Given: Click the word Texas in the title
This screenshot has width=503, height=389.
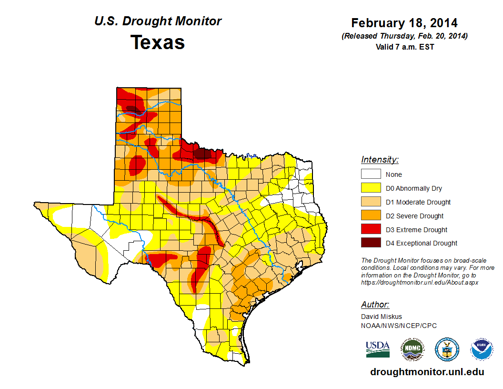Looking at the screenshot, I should pyautogui.click(x=158, y=42).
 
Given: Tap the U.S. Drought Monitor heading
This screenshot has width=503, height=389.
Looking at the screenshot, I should pyautogui.click(x=158, y=21).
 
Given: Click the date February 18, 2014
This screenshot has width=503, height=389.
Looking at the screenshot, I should pyautogui.click(x=404, y=23).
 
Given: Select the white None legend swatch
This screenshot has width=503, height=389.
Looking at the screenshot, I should pyautogui.click(x=371, y=174).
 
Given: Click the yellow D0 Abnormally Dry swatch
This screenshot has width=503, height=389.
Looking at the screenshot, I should pyautogui.click(x=371, y=188).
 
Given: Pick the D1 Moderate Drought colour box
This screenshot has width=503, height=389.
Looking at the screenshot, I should pyautogui.click(x=371, y=202).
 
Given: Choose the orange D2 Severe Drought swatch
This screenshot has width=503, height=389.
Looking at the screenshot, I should pyautogui.click(x=371, y=216).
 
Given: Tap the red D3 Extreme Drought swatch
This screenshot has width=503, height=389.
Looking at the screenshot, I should pyautogui.click(x=371, y=229).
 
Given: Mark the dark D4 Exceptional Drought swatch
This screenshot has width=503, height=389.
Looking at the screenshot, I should pyautogui.click(x=371, y=243).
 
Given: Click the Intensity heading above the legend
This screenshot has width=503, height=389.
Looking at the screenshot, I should pyautogui.click(x=380, y=160).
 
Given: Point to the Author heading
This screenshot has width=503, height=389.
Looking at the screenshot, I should pyautogui.click(x=375, y=305).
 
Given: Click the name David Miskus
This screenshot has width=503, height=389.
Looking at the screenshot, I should pyautogui.click(x=381, y=317).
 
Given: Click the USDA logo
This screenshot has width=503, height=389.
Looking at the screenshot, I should pyautogui.click(x=377, y=349).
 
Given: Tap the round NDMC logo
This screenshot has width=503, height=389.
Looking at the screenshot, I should pyautogui.click(x=412, y=349).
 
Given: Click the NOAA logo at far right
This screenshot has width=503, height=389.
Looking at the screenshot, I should pyautogui.click(x=482, y=349).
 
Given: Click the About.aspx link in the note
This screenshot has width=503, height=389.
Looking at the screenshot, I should pyautogui.click(x=419, y=282).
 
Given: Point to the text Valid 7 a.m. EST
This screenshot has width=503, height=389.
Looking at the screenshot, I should pyautogui.click(x=404, y=47).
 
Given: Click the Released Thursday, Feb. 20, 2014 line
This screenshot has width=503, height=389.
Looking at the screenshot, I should pyautogui.click(x=404, y=36).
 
